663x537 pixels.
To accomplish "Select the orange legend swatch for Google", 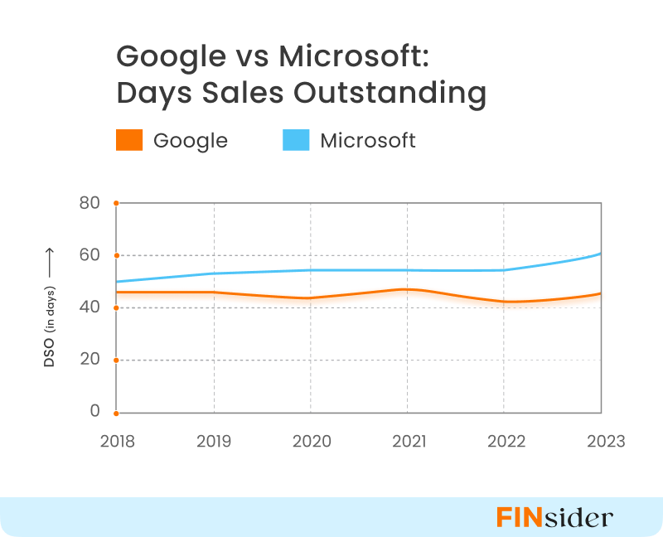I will (129, 140).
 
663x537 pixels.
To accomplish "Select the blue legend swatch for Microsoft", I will (296, 140).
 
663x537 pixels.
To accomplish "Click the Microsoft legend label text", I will (368, 140).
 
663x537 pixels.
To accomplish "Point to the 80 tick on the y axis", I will (89, 203).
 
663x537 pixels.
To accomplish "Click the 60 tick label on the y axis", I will (89, 255).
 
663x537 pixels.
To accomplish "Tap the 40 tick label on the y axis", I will (89, 307).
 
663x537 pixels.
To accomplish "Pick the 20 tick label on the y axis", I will (89, 360).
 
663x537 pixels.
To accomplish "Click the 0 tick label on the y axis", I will (94, 412).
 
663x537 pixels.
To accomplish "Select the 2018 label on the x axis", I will (117, 441).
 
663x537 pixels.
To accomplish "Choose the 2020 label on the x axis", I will (311, 441).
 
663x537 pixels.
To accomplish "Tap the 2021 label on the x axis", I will (407, 441).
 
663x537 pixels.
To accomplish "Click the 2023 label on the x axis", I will (601, 441).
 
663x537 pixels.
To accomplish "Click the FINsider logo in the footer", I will (554, 517).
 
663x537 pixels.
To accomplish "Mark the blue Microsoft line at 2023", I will (600, 254).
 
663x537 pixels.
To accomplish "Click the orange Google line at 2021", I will (407, 289).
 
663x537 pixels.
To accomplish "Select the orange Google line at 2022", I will (504, 302).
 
